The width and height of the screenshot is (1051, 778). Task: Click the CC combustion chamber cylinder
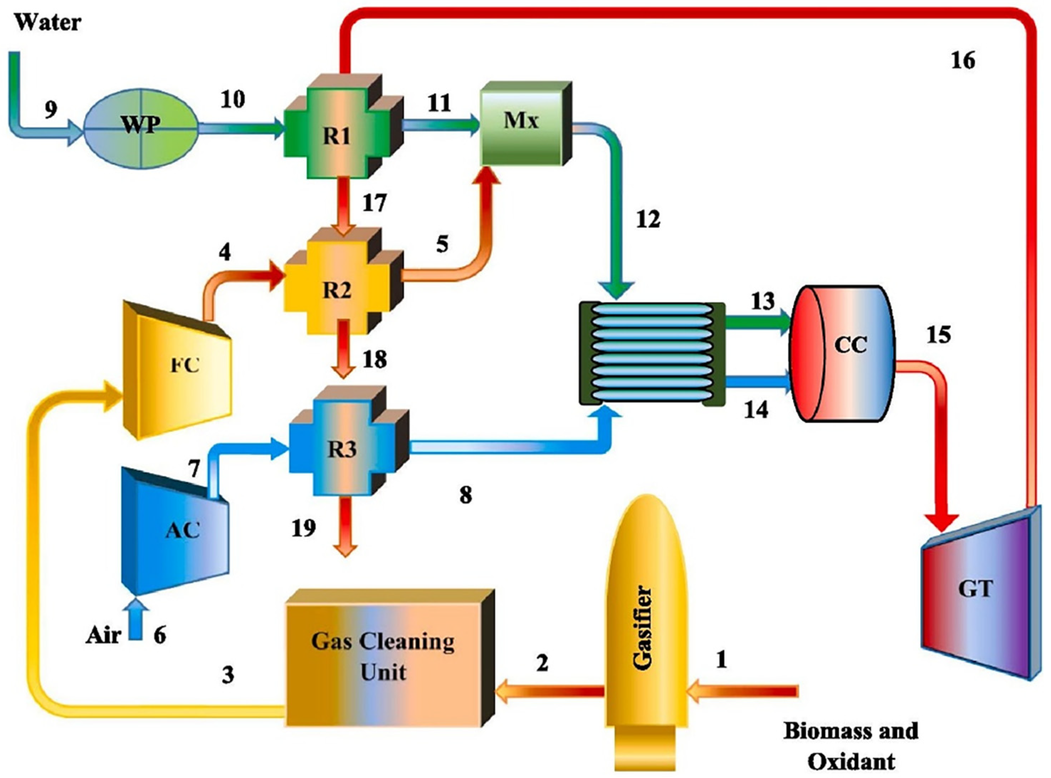843,346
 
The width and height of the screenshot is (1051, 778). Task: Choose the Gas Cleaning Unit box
384,659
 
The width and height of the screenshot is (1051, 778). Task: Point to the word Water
48,22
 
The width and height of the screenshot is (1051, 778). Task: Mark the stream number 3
227,675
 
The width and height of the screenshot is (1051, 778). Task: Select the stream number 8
465,495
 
